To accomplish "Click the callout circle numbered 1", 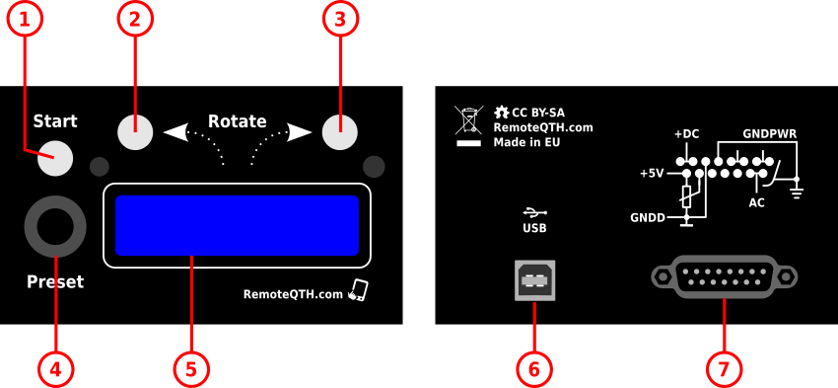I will coord(27,19).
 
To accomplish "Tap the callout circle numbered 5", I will coord(191,368).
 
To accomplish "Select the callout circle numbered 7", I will coord(724,368).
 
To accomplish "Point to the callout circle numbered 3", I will coord(340,19).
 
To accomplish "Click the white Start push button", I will coord(56,159).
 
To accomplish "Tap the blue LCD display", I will coord(237,225).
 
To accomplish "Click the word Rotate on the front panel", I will coord(237,121).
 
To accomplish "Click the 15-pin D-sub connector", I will coord(724,277).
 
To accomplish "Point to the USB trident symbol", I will coord(533,211).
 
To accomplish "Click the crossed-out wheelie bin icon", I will coord(467,120).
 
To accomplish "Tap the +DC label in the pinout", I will coord(686,134).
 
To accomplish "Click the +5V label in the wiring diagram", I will coord(652,173).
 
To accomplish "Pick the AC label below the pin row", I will coord(756,202).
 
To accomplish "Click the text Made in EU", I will coord(526,142).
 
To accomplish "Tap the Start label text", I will coord(55,121).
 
